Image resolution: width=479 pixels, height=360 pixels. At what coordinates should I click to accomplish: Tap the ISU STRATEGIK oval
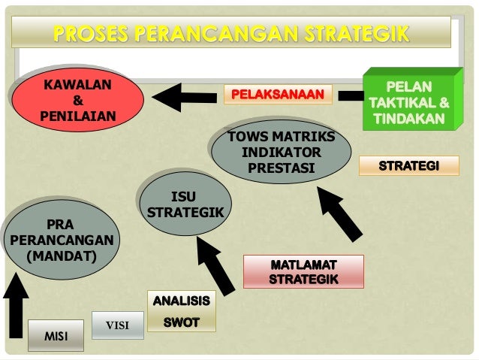point(184,203)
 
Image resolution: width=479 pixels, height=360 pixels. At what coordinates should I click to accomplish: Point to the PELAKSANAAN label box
point(277,95)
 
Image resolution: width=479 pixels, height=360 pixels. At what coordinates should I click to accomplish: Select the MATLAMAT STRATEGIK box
point(303,271)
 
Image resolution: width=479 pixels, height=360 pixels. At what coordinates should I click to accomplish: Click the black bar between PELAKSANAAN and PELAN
point(349,95)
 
